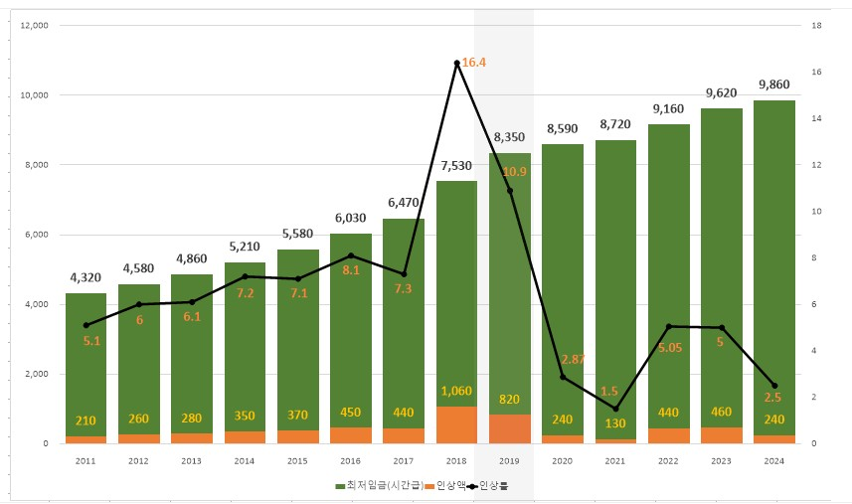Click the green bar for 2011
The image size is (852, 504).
[85, 368]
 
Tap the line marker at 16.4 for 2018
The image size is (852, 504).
[456, 64]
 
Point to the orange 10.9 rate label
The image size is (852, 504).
[514, 172]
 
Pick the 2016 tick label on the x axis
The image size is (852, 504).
[350, 461]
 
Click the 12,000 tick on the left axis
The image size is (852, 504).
[34, 25]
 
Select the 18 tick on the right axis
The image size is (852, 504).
[815, 25]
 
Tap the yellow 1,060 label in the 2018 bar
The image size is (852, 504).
[456, 391]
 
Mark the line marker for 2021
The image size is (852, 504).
[615, 409]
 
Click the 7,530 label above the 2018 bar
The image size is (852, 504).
[456, 165]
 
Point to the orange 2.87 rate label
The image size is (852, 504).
[574, 359]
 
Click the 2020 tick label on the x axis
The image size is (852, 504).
[563, 461]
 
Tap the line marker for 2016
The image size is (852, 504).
[350, 255]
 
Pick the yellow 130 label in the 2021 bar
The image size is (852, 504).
[615, 420]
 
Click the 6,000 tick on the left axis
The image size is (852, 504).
[36, 235]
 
